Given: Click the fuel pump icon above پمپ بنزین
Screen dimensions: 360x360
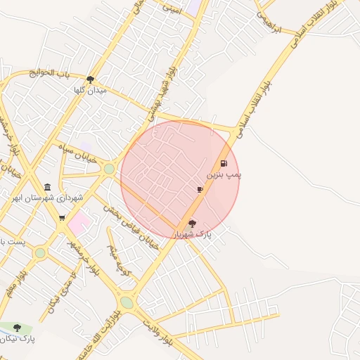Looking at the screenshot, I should [224, 163].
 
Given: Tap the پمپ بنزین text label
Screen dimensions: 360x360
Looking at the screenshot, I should [224, 174].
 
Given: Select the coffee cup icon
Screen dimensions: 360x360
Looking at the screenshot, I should [200, 190].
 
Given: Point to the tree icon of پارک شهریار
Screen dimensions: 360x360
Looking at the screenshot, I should [193, 223].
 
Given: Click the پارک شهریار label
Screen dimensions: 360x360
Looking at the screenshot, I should [193, 233].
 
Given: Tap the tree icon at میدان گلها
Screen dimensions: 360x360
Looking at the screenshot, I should [90, 79].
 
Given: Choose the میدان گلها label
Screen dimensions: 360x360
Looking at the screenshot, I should [90, 90].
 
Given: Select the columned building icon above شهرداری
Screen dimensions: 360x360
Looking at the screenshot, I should [47, 187].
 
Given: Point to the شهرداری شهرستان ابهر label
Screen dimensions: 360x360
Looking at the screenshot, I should [47, 198].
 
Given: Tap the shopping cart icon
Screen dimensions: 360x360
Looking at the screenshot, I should [62, 218].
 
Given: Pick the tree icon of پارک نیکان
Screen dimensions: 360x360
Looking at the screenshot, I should [18, 328].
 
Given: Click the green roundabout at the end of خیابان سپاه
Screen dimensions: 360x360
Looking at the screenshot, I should [109, 169].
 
